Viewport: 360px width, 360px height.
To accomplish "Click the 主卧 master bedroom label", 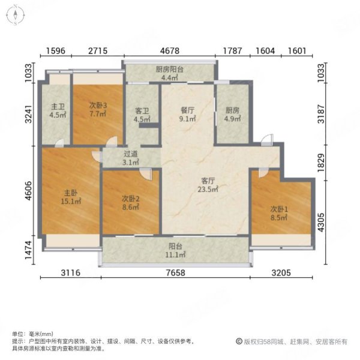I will pyautogui.click(x=71, y=193).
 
